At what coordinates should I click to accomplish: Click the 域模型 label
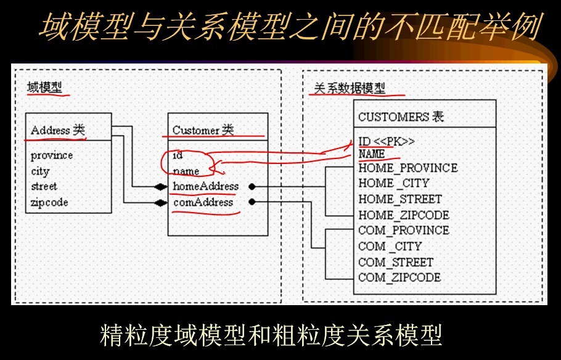[44, 87]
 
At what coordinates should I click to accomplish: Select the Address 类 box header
[58, 130]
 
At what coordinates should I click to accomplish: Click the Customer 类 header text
[203, 130]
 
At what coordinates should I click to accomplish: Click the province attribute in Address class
[52, 155]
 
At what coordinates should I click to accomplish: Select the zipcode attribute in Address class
[49, 202]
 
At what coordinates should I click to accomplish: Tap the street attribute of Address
[44, 186]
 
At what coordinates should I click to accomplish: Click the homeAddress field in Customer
[206, 186]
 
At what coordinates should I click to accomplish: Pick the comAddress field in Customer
[203, 202]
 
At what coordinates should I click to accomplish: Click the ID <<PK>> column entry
[387, 141]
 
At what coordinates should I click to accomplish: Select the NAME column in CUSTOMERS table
[372, 153]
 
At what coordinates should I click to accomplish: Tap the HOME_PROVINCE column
[408, 168]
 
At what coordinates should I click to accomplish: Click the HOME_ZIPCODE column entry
[404, 215]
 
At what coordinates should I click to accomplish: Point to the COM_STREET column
[396, 262]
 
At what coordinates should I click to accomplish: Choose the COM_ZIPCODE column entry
[399, 277]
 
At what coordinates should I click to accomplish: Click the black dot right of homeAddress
[252, 186]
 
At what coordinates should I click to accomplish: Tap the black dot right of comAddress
[252, 202]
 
